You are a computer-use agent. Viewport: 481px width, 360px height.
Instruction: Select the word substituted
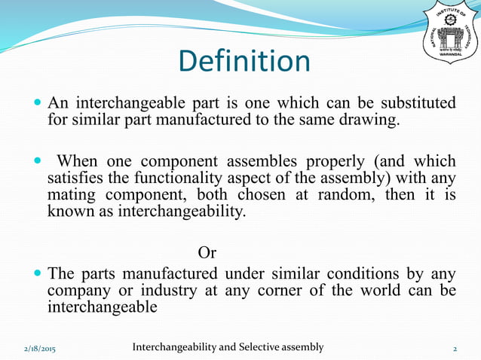point(415,102)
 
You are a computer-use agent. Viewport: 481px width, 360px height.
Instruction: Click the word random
point(316,197)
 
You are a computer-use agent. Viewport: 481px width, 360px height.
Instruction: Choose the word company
point(77,291)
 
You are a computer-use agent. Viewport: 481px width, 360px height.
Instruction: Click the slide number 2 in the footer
point(455,349)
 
